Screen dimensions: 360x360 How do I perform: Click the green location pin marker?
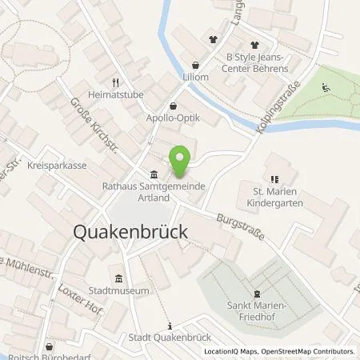182,160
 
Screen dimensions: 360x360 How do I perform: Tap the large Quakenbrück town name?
130,231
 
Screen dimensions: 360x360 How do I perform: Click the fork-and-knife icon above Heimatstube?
116,82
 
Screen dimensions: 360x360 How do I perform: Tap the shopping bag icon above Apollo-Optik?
174,106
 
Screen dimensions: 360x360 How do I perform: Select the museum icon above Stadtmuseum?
119,278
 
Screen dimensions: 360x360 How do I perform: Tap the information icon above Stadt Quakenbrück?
170,325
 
